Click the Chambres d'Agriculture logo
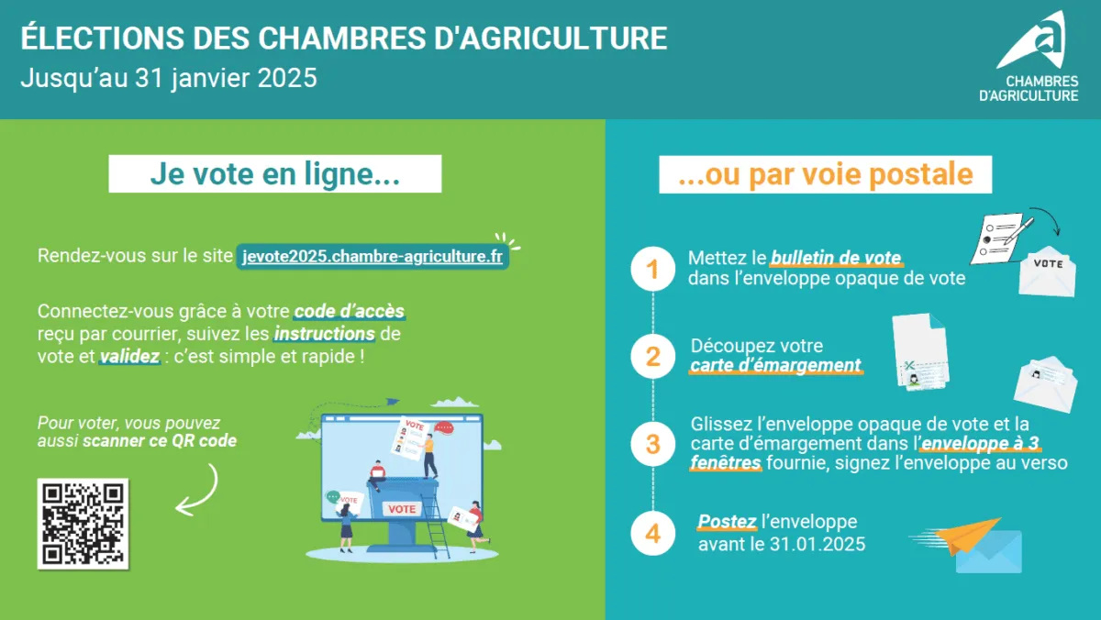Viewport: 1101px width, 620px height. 1038,57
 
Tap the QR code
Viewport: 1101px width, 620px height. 83,522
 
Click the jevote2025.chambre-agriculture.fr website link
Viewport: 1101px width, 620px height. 373,256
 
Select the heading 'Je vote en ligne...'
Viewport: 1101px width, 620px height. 274,174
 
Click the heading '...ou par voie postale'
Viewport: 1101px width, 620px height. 825,174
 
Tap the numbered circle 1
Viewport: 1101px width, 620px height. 652,269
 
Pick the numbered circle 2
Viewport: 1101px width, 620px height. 652,356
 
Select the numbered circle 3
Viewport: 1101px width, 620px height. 652,444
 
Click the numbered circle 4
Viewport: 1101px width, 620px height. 652,533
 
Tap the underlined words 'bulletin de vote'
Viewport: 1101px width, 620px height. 836,259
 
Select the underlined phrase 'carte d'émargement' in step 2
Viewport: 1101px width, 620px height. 775,366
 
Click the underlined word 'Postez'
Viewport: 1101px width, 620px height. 727,522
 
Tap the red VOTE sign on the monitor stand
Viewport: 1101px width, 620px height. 402,509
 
